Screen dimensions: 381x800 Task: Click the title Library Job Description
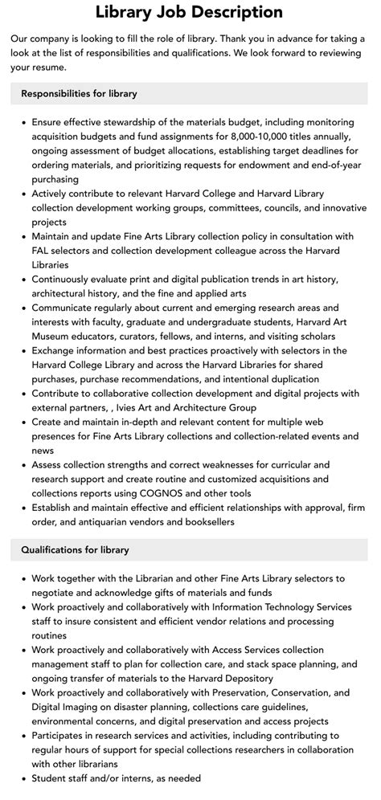coord(190,12)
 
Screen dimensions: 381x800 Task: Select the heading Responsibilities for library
coord(79,93)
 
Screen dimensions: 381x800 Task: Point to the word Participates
coord(63,736)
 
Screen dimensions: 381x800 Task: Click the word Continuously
coord(69,279)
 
